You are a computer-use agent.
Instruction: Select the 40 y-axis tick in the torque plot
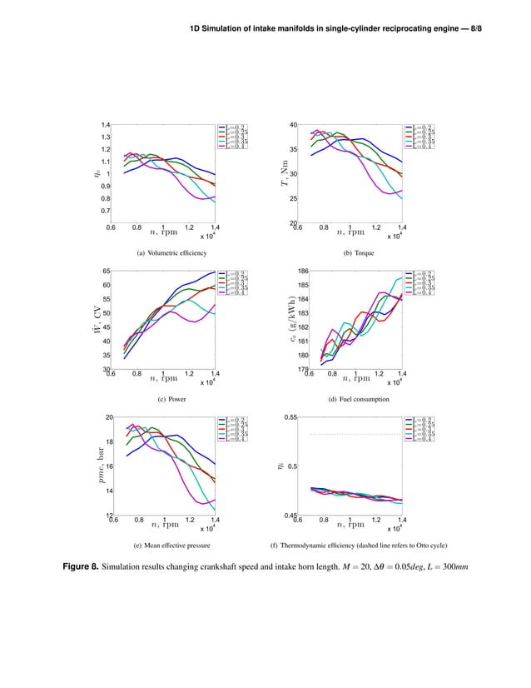click(293, 125)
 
